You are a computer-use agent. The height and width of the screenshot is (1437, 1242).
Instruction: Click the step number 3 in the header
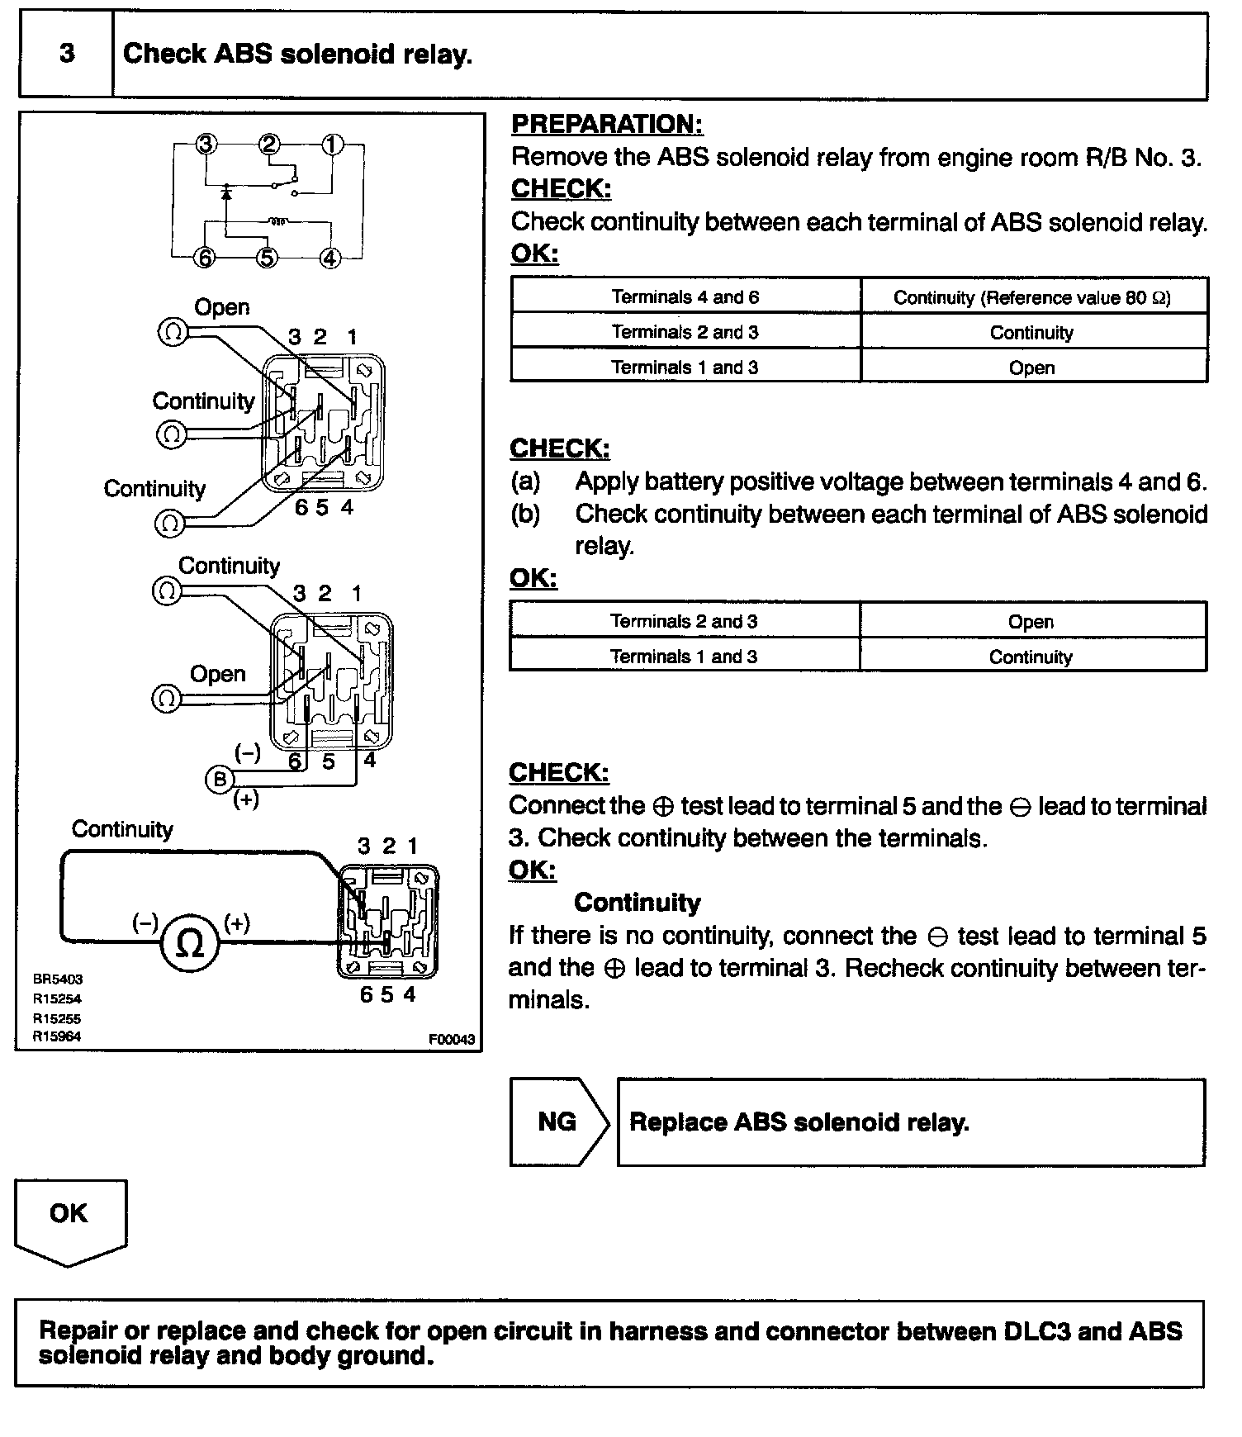point(67,55)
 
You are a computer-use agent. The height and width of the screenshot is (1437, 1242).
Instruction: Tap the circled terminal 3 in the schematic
point(206,145)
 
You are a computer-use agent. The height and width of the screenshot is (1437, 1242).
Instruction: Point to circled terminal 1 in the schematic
point(332,145)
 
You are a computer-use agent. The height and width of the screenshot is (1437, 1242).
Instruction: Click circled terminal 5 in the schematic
point(267,258)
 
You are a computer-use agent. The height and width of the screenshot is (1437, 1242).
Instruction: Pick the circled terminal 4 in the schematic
point(329,258)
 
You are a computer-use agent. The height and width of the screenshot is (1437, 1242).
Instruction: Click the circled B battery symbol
point(220,779)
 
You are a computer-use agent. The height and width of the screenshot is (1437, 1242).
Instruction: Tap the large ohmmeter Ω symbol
point(190,942)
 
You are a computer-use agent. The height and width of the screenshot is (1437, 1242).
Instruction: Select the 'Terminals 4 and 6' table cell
point(685,296)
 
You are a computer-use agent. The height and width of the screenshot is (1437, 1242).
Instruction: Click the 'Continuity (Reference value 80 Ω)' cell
point(1032,297)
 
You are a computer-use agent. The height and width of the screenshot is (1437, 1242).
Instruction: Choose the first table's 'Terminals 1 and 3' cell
point(685,367)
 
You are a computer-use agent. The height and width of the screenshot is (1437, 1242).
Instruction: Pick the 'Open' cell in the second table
point(1031,621)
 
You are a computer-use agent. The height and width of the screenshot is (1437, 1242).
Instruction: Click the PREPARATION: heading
point(607,124)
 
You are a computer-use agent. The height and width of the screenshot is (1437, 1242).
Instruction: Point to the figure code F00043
point(451,1039)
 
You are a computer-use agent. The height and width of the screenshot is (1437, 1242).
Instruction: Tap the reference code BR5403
point(58,979)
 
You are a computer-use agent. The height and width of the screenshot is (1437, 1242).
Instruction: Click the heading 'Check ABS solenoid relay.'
point(297,55)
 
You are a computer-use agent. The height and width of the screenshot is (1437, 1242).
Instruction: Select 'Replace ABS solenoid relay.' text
point(799,1122)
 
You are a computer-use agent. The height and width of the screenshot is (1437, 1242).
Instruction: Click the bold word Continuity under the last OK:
point(637,902)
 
